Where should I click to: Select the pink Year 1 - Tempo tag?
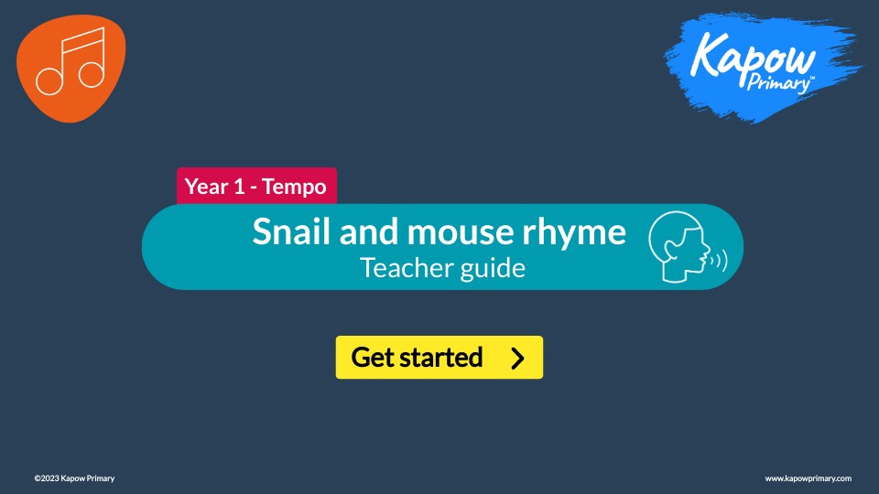click(256, 187)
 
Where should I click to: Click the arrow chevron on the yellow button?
click(517, 358)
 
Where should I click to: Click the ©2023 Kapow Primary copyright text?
click(74, 478)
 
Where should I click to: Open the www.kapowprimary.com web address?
click(808, 478)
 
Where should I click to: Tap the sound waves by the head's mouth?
click(720, 261)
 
